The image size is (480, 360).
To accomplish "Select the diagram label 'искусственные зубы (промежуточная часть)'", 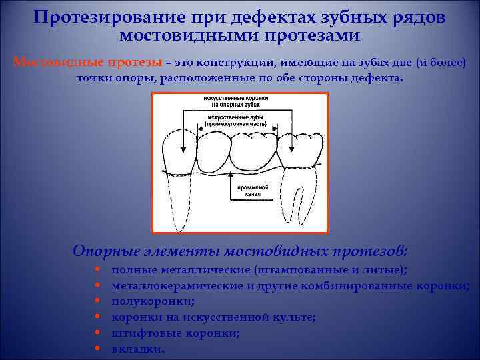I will tap(236, 119).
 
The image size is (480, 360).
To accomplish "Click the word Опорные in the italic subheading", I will tap(106, 251).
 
